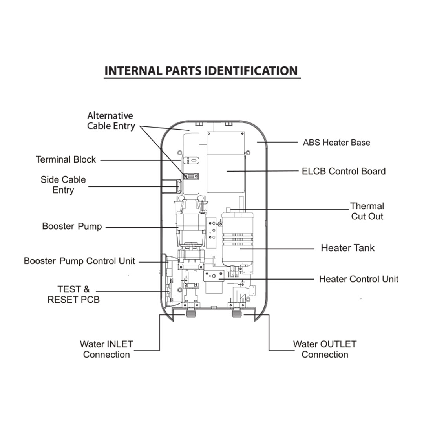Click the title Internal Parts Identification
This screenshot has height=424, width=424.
point(201,71)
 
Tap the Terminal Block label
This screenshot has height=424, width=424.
point(66,159)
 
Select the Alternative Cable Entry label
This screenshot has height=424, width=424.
point(111,121)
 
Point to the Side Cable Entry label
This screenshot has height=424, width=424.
point(63,185)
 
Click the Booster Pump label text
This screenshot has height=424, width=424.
point(72,227)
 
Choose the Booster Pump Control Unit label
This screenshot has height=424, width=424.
point(79,261)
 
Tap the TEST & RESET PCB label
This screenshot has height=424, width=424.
point(73,294)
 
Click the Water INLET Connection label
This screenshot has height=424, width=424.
point(106,349)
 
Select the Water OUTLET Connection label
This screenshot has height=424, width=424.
point(325,349)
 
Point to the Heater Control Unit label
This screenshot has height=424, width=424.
point(358,279)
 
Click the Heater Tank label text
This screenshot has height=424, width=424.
point(347,248)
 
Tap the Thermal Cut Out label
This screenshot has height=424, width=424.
point(367,211)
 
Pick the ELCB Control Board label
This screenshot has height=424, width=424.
point(344,171)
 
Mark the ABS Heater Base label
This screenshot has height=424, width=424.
point(336,143)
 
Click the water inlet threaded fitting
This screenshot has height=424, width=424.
point(191,313)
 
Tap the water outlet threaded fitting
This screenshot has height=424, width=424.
point(237,313)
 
